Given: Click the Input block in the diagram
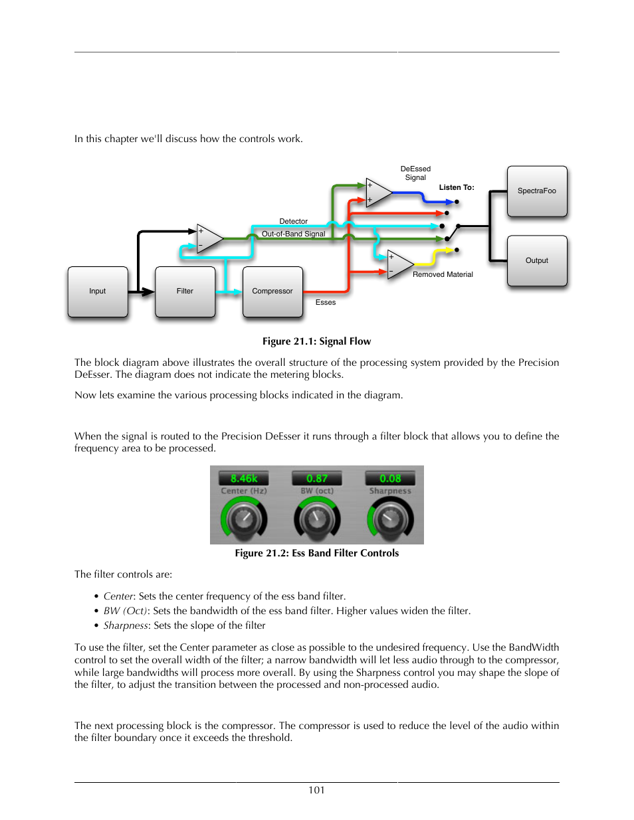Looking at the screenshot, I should (x=98, y=291).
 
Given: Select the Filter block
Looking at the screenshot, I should (x=185, y=291).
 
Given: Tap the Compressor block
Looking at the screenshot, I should (x=272, y=291).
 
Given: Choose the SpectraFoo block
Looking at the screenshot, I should (x=537, y=191).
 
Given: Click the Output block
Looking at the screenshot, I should (x=537, y=261).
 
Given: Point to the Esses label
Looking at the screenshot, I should (x=326, y=303).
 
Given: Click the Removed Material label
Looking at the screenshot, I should (x=443, y=275).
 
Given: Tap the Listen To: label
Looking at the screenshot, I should (x=457, y=188).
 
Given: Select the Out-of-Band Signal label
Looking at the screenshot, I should (x=293, y=234).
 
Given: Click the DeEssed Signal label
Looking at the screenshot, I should (x=415, y=173).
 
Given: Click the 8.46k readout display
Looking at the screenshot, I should (x=244, y=479).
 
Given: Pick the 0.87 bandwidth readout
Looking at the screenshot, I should (x=317, y=479).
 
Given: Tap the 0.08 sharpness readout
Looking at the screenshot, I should (x=390, y=479).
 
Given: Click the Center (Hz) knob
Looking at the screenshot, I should (x=244, y=519).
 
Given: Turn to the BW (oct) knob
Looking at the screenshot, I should (x=317, y=519).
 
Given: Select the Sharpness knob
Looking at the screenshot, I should (x=391, y=519).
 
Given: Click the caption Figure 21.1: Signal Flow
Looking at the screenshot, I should (x=316, y=341).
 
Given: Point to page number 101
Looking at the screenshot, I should (x=316, y=790).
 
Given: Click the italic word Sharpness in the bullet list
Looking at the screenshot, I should (x=126, y=625).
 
